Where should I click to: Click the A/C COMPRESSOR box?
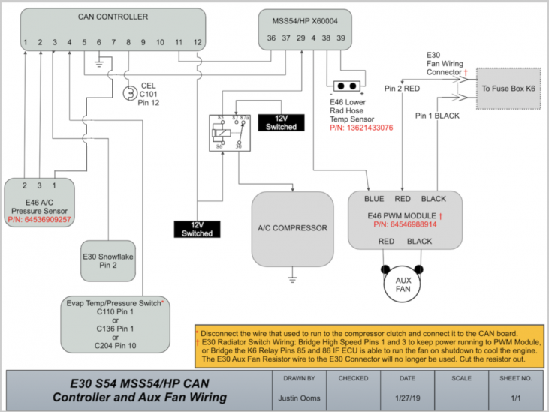click(x=292, y=228)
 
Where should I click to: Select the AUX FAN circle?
click(x=403, y=284)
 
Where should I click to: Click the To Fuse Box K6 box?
click(x=508, y=88)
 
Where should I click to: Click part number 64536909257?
click(x=39, y=220)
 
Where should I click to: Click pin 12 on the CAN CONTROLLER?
click(x=198, y=42)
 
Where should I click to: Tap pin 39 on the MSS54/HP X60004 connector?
click(x=341, y=37)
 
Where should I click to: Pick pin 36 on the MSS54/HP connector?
click(x=271, y=37)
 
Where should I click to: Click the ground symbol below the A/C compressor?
click(x=292, y=279)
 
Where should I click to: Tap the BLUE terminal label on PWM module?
click(x=373, y=199)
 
